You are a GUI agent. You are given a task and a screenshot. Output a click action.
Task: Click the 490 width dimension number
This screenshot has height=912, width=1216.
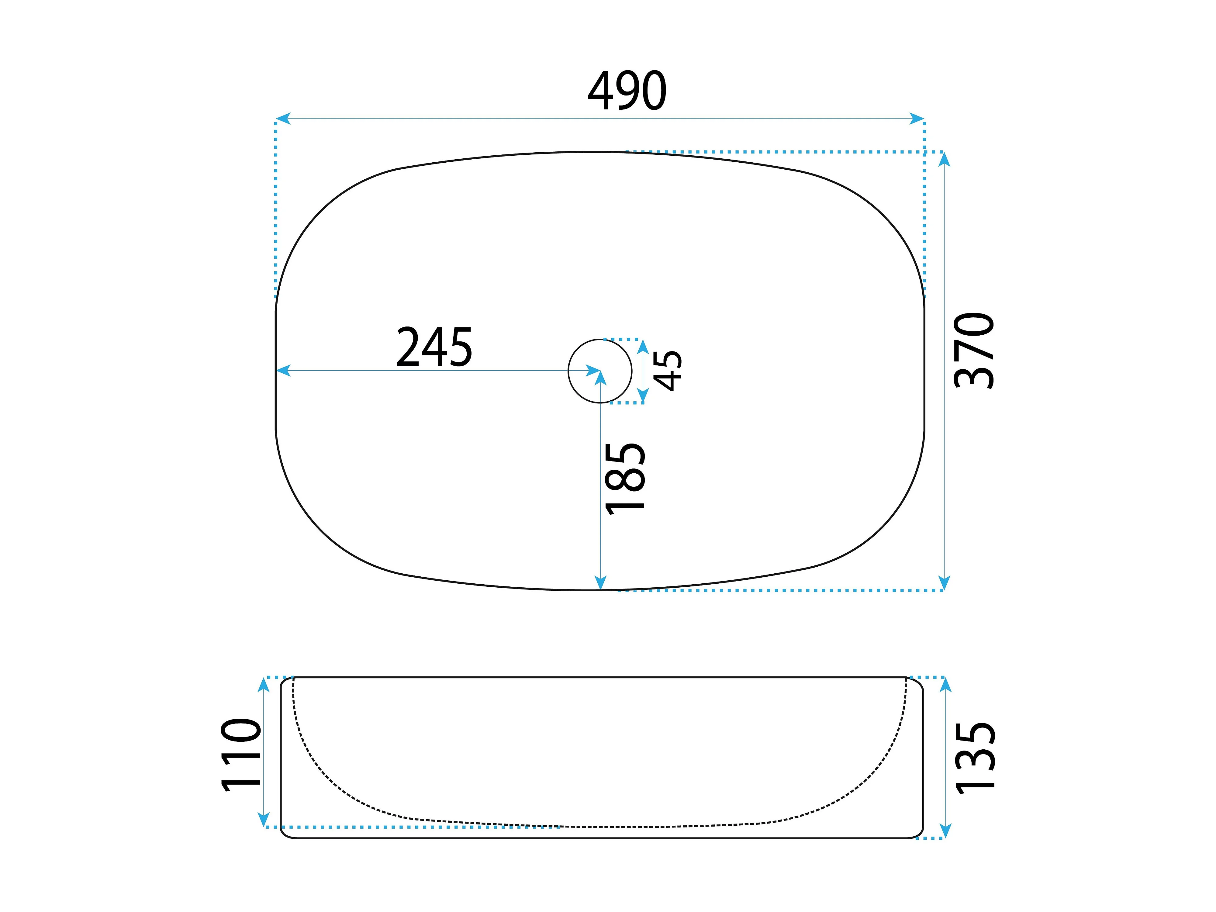627,91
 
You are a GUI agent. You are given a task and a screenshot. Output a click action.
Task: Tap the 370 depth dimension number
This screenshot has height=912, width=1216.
974,351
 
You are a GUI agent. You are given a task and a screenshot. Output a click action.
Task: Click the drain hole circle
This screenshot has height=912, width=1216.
600,339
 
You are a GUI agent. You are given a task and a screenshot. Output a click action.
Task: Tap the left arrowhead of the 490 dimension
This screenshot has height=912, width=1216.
282,118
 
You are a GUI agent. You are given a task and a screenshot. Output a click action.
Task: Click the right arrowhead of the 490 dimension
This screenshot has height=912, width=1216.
917,118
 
